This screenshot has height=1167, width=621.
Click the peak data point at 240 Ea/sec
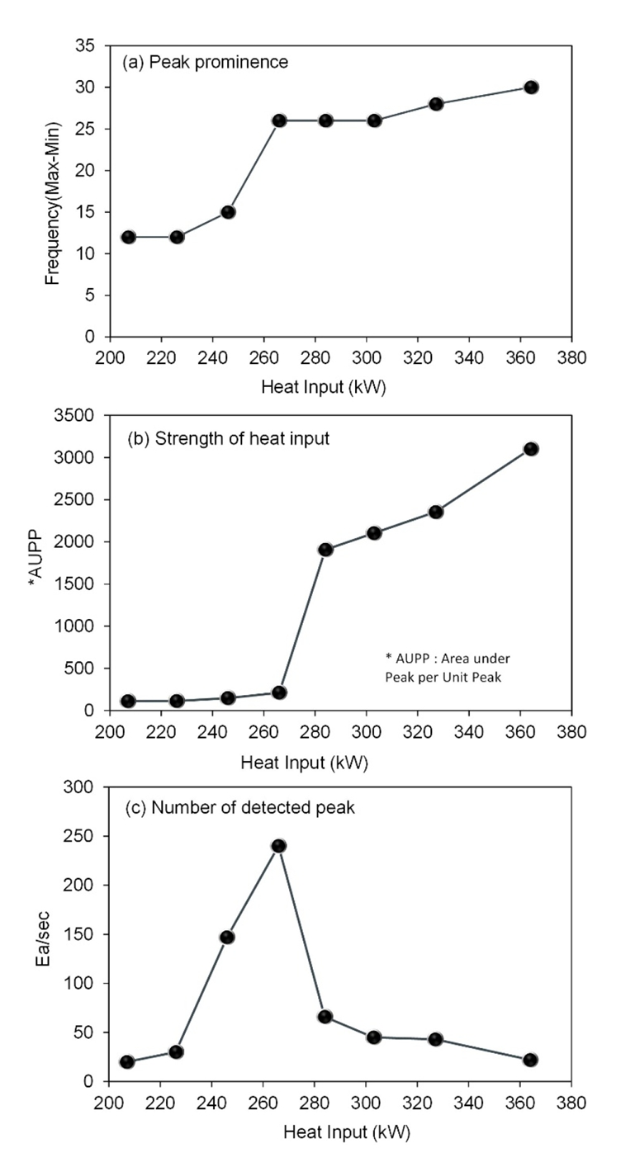pyautogui.click(x=278, y=846)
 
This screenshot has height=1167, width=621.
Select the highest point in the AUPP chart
pyautogui.click(x=531, y=449)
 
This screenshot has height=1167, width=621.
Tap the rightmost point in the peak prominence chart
pyautogui.click(x=531, y=87)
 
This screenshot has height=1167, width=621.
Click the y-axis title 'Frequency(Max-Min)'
pyautogui.click(x=55, y=196)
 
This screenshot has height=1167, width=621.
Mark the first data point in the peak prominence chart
pyautogui.click(x=128, y=237)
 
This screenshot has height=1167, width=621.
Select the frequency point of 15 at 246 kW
pyautogui.click(x=228, y=212)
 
